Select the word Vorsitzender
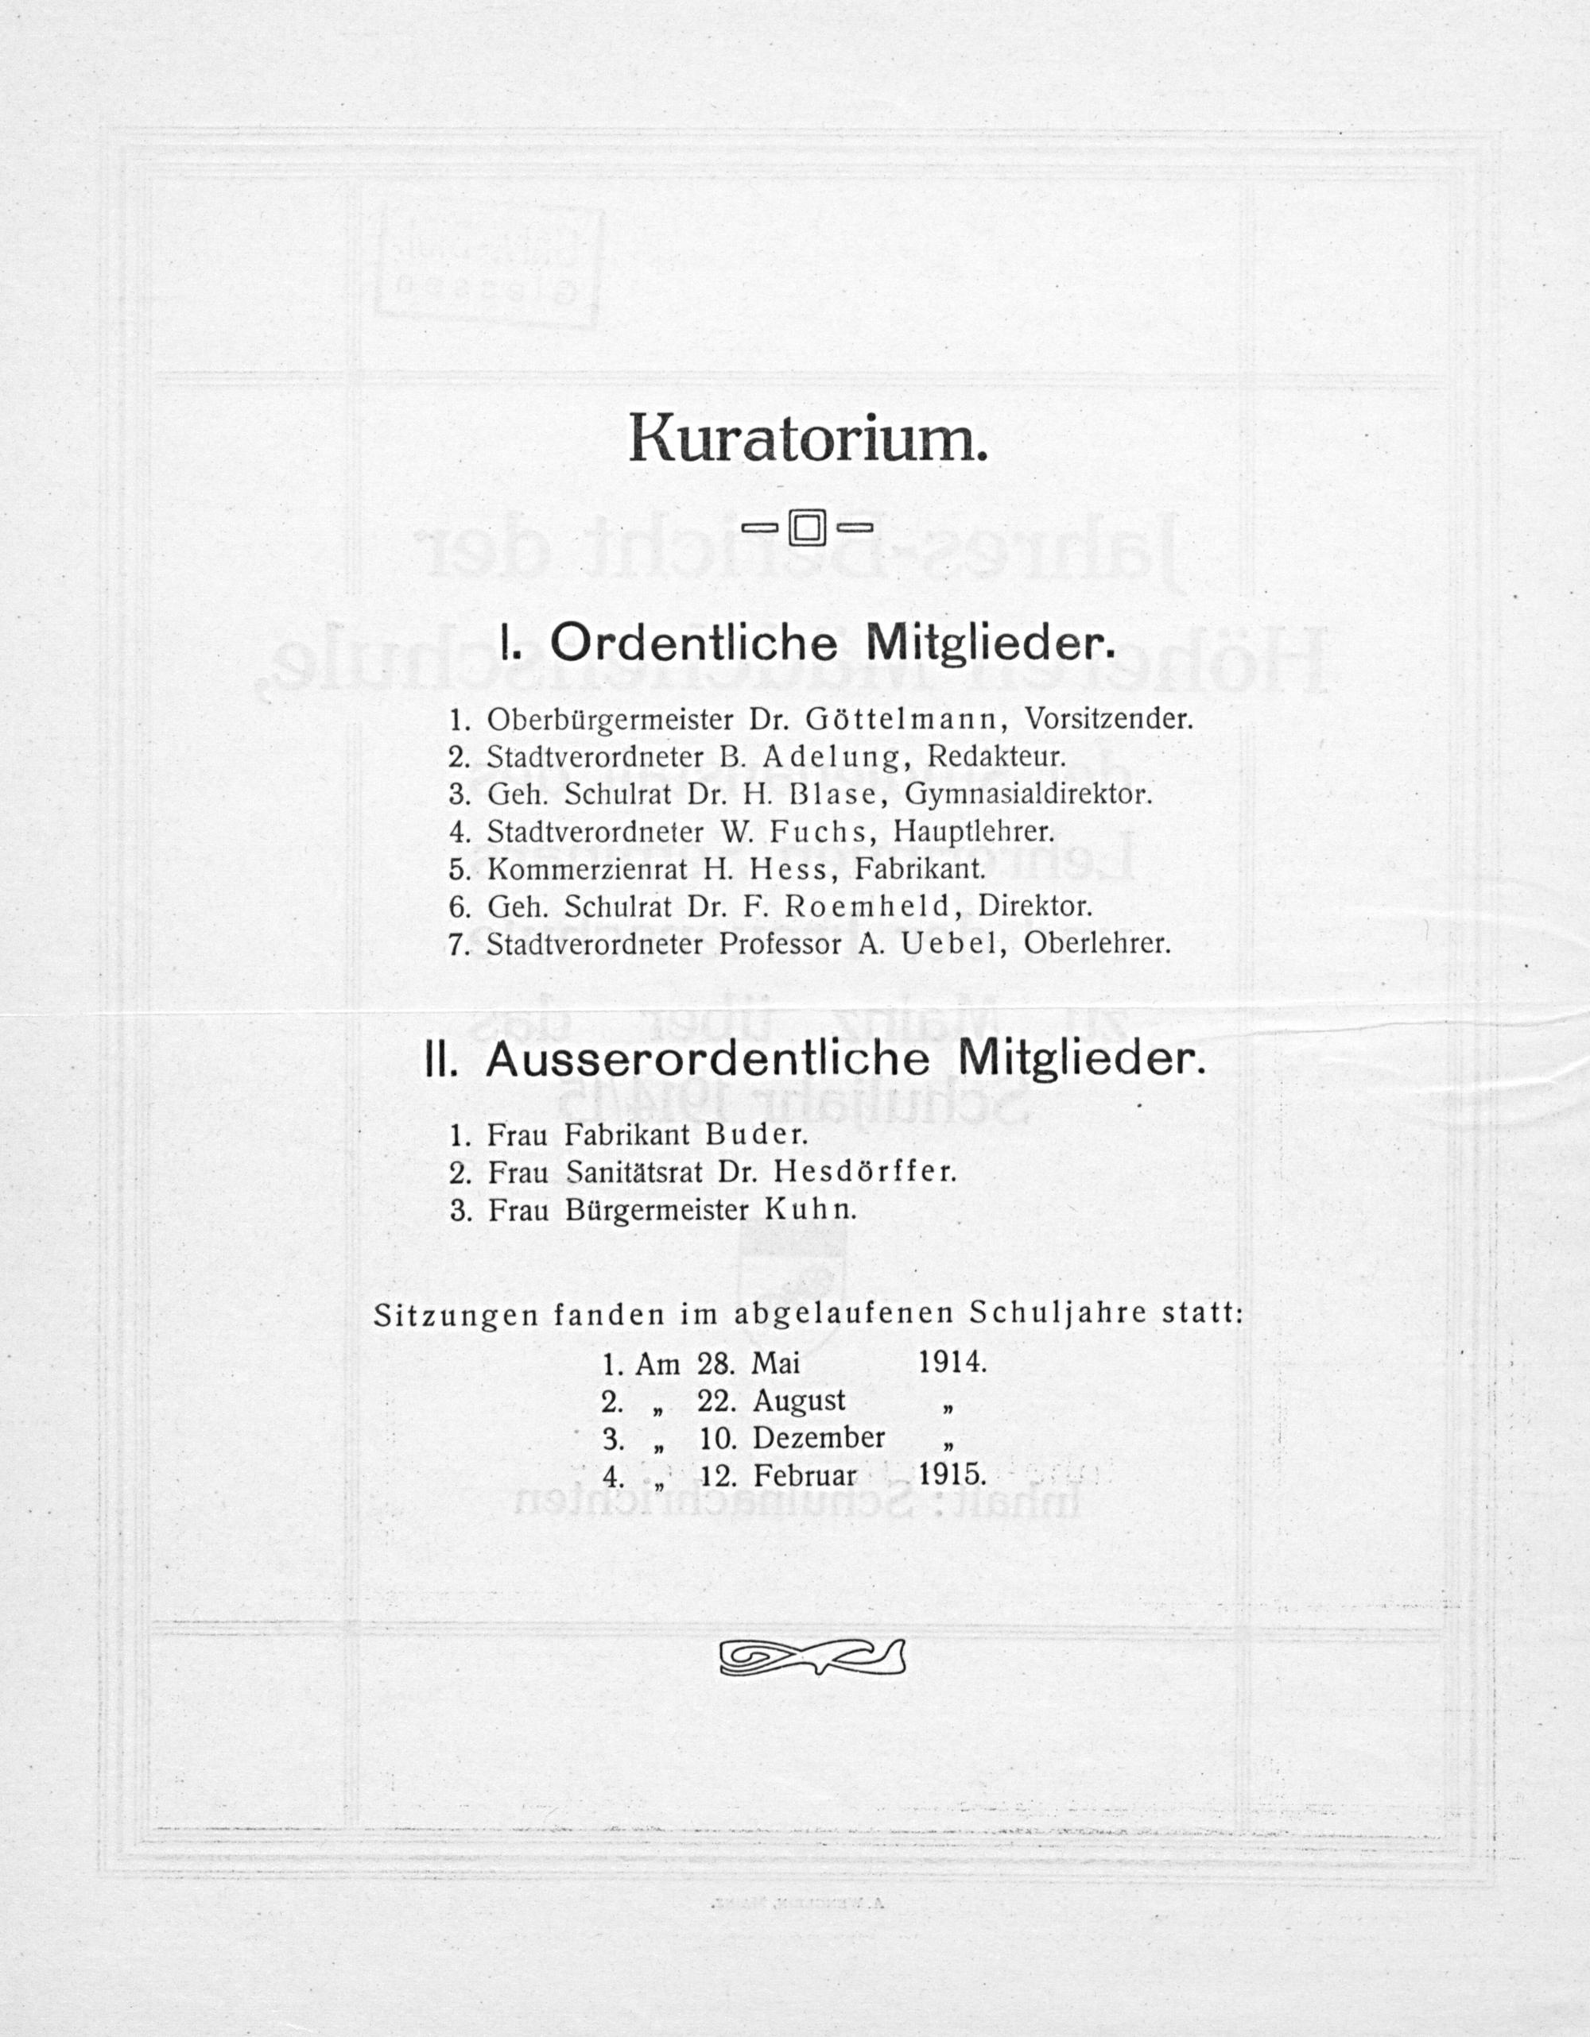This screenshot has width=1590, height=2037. coord(1108,719)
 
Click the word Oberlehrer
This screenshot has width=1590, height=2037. coord(1096,944)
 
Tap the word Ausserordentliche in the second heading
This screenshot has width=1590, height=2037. coord(708,1061)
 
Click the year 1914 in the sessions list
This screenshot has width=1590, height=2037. coord(952,1363)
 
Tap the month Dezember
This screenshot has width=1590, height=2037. coord(818,1438)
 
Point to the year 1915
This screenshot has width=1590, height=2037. coord(952,1475)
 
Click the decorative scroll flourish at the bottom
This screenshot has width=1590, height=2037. coord(812,1657)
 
